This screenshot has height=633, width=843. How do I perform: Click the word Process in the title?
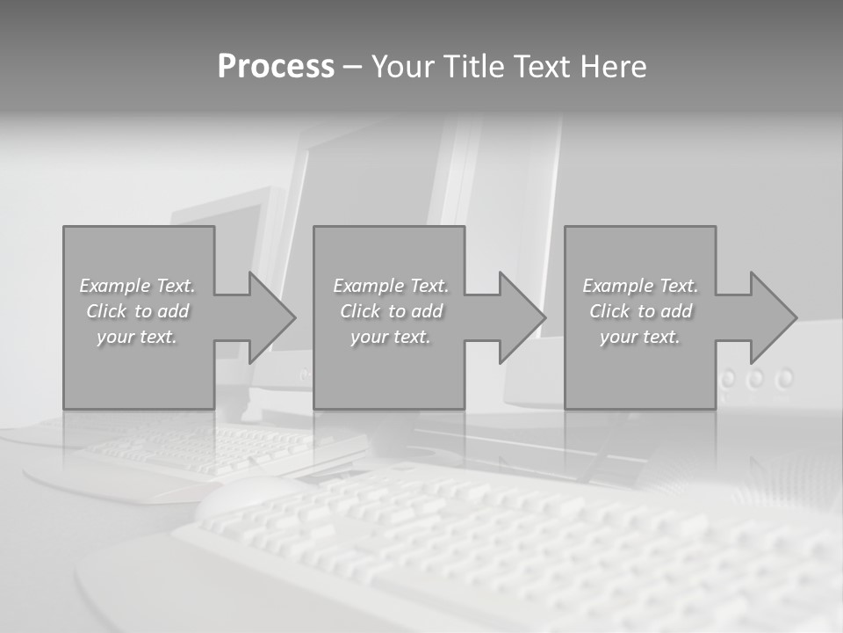276,67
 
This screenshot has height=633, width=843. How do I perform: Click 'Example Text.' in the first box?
137,286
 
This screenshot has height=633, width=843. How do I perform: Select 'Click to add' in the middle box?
391,311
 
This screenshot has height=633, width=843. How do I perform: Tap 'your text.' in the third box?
640,337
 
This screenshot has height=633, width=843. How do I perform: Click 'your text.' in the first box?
137,337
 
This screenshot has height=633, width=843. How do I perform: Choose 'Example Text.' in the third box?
640,286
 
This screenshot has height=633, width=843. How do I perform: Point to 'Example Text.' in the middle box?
391,286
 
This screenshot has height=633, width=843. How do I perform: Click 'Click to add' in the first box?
137,311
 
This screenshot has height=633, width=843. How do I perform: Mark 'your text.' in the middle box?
391,337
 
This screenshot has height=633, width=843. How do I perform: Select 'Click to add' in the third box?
640,311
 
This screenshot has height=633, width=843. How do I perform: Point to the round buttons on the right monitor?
756,379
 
